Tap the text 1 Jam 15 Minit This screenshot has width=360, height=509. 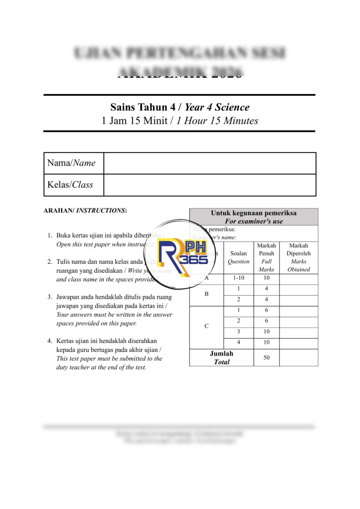[x=135, y=121]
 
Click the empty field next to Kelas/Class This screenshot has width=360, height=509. [x=210, y=185]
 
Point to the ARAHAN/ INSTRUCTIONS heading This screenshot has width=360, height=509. [x=85, y=210]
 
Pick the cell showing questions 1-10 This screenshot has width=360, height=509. [x=238, y=278]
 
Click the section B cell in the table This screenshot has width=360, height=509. [x=207, y=294]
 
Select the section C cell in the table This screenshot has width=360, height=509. [x=207, y=326]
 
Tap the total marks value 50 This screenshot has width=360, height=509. [x=266, y=357]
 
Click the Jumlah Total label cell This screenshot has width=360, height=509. [x=221, y=357]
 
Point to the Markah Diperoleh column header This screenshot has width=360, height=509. [x=299, y=257]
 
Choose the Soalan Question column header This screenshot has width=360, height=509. [x=238, y=257]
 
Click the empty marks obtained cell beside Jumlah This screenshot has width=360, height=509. [x=299, y=357]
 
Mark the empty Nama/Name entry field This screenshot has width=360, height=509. [x=210, y=163]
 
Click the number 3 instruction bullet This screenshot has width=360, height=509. [x=49, y=297]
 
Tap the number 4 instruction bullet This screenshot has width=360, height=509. [x=49, y=341]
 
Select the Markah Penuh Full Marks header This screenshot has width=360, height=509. [x=266, y=257]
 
